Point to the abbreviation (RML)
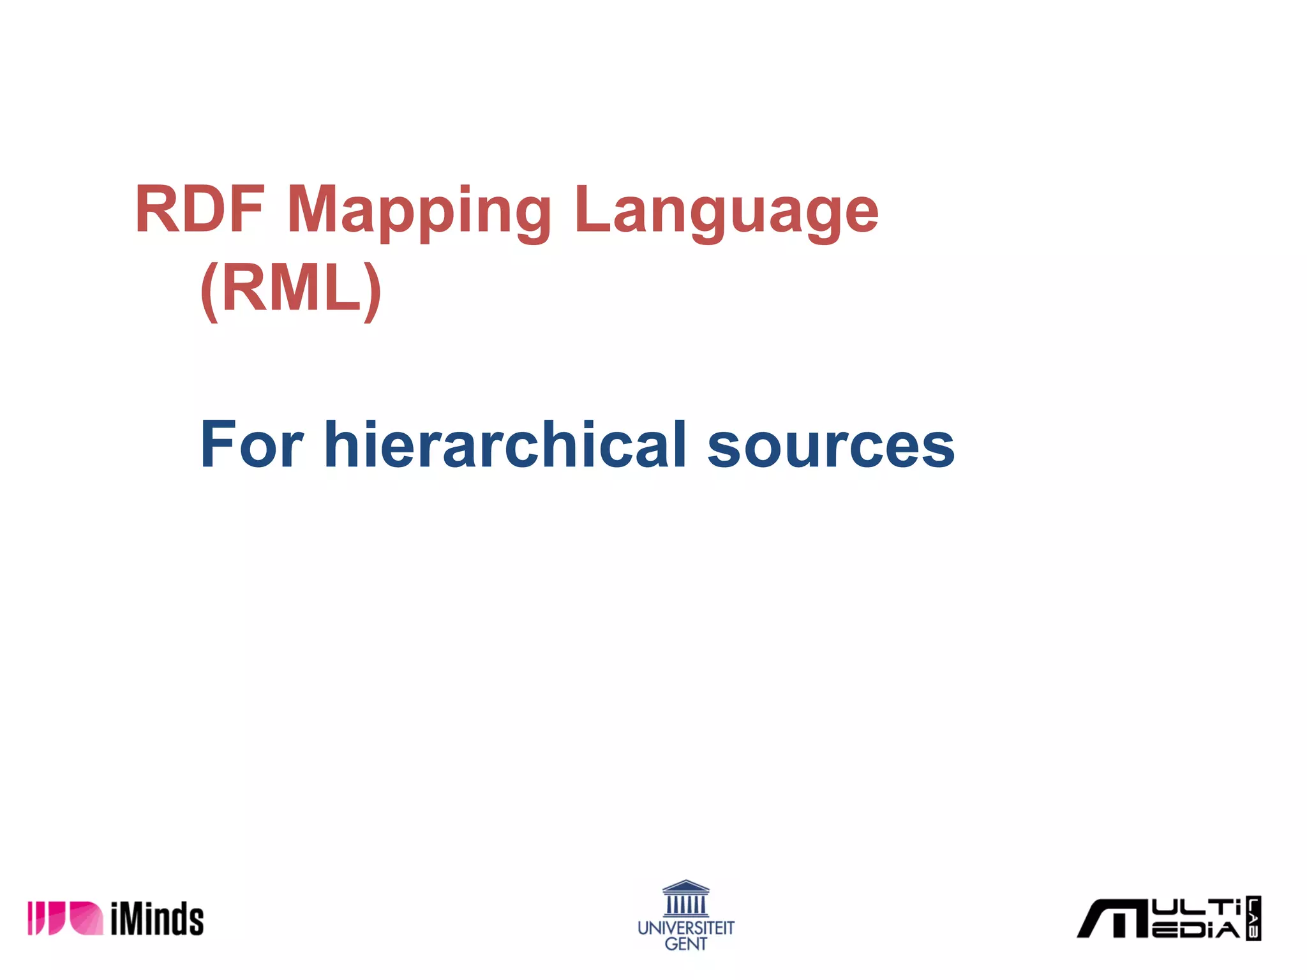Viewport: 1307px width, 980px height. (290, 290)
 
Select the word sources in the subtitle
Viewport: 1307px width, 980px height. (830, 447)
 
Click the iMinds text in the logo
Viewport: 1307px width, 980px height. (157, 919)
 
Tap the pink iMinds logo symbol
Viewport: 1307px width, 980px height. (64, 919)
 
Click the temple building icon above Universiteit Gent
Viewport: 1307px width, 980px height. (685, 898)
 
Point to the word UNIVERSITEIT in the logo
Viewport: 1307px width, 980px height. (686, 928)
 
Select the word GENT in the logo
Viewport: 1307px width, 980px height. (686, 944)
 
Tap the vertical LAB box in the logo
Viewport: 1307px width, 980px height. (1253, 918)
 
